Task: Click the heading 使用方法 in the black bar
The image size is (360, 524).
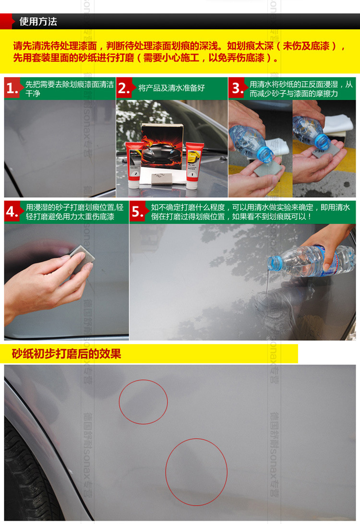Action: pos(38,22)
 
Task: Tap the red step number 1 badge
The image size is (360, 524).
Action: pos(12,88)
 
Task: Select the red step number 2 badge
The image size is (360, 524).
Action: pos(124,88)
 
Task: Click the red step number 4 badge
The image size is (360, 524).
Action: pos(12,212)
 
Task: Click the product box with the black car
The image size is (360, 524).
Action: pos(162,146)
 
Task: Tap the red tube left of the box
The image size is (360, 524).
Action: pos(134,165)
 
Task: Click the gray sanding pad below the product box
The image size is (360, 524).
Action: pos(162,179)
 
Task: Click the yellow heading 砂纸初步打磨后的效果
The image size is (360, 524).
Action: pos(66,354)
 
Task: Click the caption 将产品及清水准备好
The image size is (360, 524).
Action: pos(171,88)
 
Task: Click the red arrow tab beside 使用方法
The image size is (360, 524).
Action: pos(7,22)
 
